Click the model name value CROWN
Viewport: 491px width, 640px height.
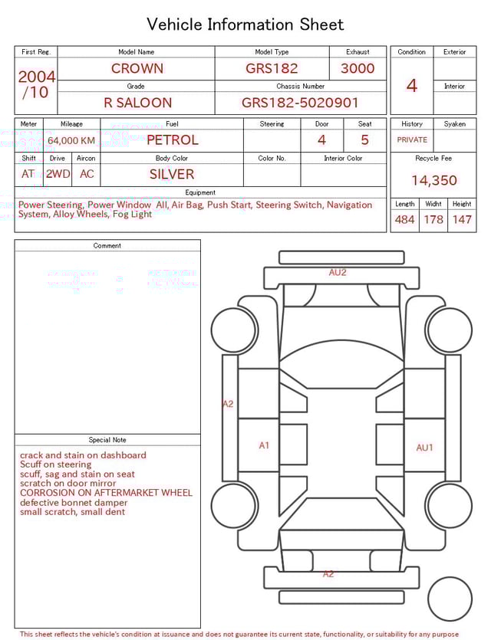pos(137,68)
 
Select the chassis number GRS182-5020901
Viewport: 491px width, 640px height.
pos(300,103)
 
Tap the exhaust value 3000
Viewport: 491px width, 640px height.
pos(358,68)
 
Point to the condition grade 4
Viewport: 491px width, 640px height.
pos(411,86)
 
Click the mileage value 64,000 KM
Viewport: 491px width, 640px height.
pos(71,140)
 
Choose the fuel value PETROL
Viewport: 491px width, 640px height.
pos(172,139)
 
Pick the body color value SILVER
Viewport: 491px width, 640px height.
pos(172,174)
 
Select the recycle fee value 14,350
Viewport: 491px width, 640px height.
pos(433,180)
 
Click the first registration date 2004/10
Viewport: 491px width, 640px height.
pos(36,84)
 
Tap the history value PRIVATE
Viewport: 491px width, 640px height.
pos(412,140)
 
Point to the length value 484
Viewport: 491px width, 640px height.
pos(404,220)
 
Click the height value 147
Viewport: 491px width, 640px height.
pos(461,220)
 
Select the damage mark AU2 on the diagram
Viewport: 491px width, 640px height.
pos(338,272)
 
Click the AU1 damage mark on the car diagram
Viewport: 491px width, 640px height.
pos(424,448)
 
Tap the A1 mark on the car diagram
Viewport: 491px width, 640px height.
pos(264,445)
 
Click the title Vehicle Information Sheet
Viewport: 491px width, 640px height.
pos(245,25)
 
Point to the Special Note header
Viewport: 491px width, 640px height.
pos(107,440)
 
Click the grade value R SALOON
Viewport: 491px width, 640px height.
pos(137,103)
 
